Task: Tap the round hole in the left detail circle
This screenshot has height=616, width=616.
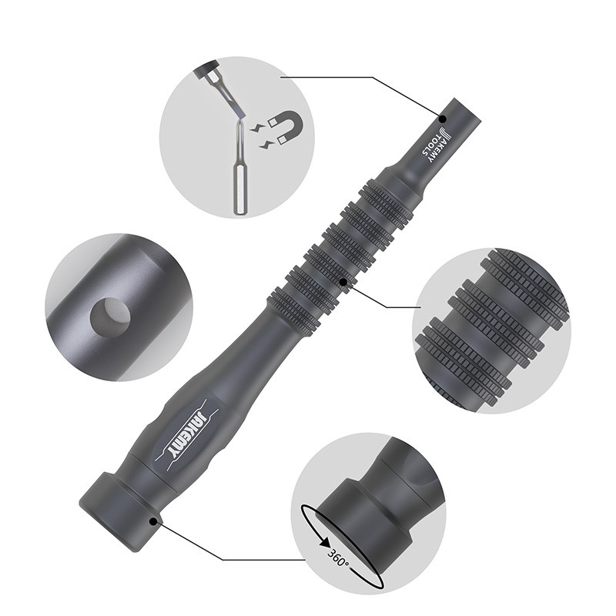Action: point(110,316)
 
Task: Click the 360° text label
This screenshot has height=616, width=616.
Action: point(338,558)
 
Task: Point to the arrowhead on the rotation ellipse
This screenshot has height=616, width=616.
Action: point(325,543)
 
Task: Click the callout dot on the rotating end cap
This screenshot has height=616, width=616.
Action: point(153,521)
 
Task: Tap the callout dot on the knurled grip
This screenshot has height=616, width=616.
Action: point(343,282)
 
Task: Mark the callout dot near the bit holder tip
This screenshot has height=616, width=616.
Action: point(443,119)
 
